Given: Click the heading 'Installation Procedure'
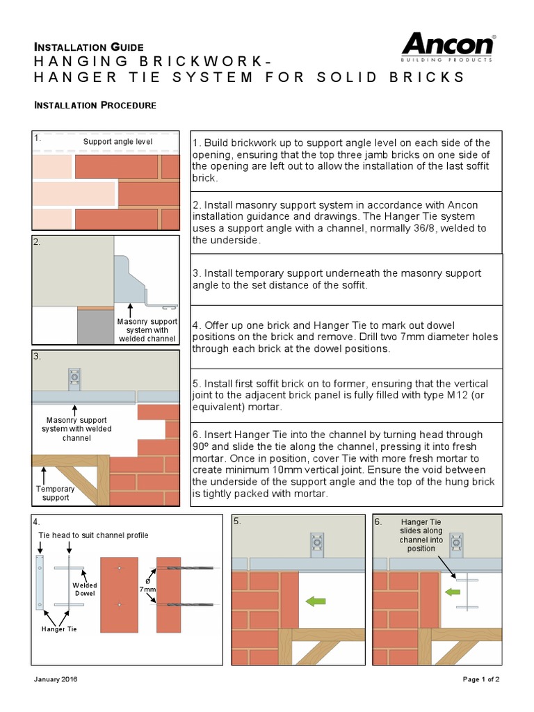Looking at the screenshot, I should (95, 105).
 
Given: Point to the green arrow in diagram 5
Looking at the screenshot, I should (316, 601).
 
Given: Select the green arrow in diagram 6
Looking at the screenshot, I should (453, 592).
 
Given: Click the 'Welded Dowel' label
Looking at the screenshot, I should (85, 590).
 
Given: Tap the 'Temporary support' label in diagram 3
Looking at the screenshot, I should (56, 493).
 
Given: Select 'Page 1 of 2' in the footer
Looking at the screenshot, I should (480, 679).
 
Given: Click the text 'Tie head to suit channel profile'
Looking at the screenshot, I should (92, 535).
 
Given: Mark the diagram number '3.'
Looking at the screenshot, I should (38, 357).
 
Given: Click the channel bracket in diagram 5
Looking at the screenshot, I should (317, 544).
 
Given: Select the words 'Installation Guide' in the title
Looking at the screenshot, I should (89, 47).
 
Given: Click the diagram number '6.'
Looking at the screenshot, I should (378, 521).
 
